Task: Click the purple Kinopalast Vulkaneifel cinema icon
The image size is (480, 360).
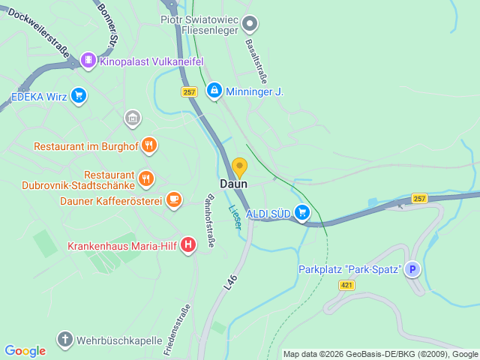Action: tap(88, 59)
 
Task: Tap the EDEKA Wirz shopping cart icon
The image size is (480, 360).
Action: tap(79, 95)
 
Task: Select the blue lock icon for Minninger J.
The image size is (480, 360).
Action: tap(214, 91)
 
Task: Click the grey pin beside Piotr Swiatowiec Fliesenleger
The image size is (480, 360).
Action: tap(251, 24)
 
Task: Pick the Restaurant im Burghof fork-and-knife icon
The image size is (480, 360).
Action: tap(148, 145)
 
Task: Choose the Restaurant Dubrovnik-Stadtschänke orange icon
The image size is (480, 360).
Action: tap(146, 179)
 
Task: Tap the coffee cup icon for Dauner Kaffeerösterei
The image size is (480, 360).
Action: tap(174, 199)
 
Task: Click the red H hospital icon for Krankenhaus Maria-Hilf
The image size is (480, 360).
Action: tap(188, 244)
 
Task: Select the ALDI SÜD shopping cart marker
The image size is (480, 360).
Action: tap(302, 213)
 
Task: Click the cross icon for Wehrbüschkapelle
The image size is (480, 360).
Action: tap(65, 340)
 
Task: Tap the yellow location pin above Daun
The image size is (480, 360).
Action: tap(239, 167)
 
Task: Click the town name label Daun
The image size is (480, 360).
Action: tap(233, 184)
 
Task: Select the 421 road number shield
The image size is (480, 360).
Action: tap(346, 285)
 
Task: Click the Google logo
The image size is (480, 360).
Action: tap(25, 350)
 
